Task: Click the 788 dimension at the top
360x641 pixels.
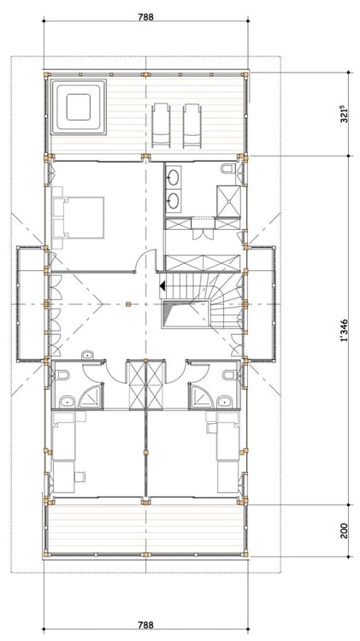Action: (145, 17)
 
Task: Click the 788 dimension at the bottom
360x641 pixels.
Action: (145, 625)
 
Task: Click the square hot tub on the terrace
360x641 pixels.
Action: (78, 107)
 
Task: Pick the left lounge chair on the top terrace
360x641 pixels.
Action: (161, 125)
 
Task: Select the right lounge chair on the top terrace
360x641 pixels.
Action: (192, 125)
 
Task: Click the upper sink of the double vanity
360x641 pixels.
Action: (174, 178)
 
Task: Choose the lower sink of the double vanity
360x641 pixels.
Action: (174, 199)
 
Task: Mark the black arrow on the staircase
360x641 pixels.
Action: (162, 285)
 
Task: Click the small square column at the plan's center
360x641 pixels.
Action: (128, 303)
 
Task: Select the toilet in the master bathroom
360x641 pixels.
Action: (227, 168)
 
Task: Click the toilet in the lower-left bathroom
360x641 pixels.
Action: (62, 374)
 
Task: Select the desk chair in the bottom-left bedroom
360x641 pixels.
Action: (80, 476)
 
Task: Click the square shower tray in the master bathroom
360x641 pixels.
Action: (228, 200)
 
